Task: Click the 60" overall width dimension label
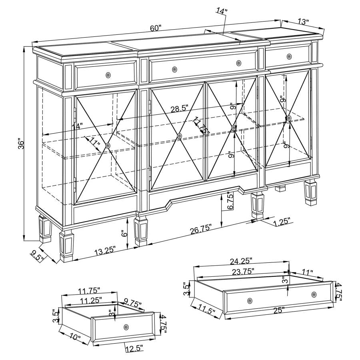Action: click(x=156, y=28)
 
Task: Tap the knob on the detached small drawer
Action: click(x=126, y=327)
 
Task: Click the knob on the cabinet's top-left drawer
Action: click(x=108, y=75)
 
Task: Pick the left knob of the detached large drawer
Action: click(x=250, y=300)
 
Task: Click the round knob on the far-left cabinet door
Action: click(x=108, y=146)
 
